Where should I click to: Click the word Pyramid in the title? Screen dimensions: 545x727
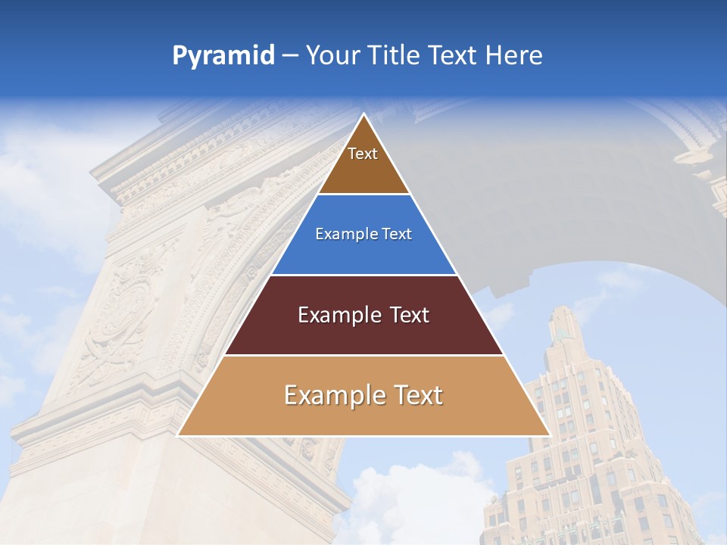point(223,56)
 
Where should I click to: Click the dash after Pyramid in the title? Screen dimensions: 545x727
point(290,56)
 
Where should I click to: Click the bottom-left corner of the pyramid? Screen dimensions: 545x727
point(178,435)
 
